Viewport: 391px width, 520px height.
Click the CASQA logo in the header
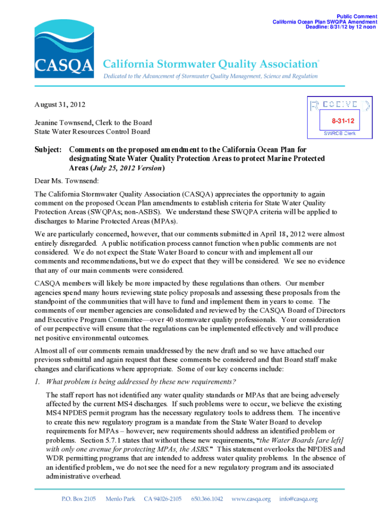[63, 47]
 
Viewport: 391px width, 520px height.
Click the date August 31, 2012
[60, 105]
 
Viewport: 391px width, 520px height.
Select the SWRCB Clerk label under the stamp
[340, 133]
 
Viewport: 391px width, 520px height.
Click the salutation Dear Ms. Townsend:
[66, 181]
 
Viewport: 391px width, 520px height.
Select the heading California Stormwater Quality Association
[211, 64]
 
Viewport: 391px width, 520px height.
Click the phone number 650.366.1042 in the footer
[207, 499]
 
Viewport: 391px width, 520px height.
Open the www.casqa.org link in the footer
[251, 499]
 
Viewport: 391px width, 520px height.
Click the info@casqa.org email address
[298, 499]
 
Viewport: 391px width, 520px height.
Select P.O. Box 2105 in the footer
[78, 499]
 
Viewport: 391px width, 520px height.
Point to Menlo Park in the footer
[120, 499]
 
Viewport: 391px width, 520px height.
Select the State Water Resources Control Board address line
[92, 132]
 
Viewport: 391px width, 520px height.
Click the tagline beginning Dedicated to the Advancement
[211, 76]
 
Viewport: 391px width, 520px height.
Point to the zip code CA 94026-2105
[162, 499]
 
